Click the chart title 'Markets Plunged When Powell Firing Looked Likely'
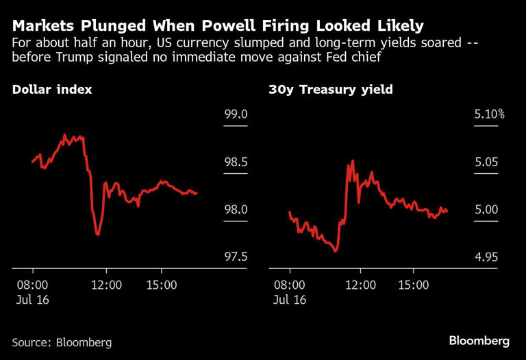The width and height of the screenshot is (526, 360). tap(218, 26)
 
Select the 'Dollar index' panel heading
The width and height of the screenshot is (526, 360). tap(52, 90)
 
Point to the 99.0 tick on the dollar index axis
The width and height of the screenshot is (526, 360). tap(236, 114)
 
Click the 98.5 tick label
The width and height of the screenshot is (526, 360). tap(236, 162)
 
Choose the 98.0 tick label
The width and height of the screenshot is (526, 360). tap(236, 209)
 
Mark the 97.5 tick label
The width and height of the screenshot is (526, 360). tap(236, 257)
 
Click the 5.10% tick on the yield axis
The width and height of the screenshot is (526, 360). tap(489, 114)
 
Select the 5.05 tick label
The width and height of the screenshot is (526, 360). tap(487, 162)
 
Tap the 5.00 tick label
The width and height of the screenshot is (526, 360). tap(487, 209)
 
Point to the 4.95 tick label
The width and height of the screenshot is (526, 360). tap(487, 257)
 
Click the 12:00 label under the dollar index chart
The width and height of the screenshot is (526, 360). tap(107, 285)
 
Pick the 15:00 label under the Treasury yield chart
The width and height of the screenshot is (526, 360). tap(413, 285)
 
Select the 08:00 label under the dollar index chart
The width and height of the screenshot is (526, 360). tap(31, 285)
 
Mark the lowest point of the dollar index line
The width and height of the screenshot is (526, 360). tap(98, 235)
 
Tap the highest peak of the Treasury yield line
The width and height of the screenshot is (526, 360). tap(353, 161)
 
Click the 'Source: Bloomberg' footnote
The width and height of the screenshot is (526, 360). tap(62, 342)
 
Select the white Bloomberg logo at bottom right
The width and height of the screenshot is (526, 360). tap(479, 340)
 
